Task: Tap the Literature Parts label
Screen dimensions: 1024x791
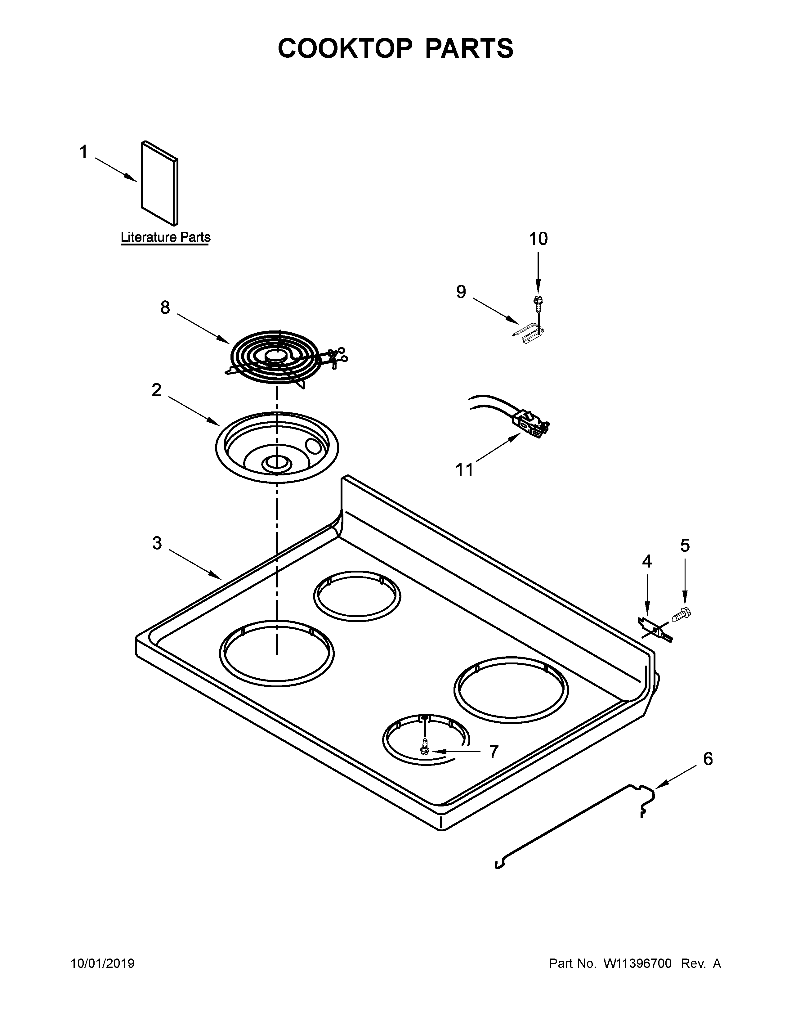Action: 165,237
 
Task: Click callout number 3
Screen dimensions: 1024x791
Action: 157,543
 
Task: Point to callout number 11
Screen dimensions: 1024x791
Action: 464,469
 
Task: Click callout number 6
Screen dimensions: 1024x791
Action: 708,759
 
